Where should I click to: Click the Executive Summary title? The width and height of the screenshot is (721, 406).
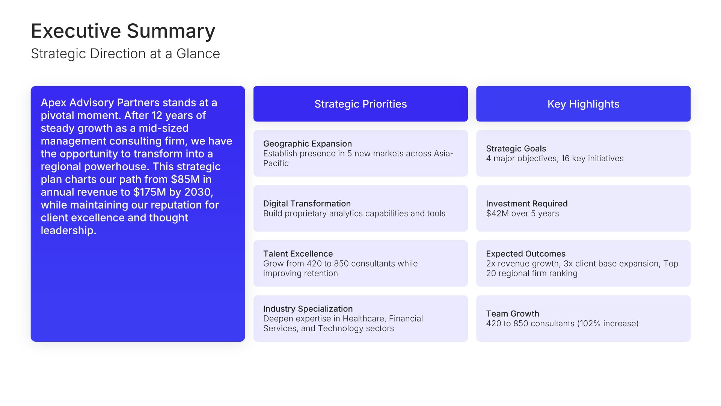[123, 31]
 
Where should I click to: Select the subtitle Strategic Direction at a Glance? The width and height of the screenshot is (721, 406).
[125, 54]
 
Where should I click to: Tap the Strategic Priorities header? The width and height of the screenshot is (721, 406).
[360, 104]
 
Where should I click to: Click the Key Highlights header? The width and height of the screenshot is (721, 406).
[583, 104]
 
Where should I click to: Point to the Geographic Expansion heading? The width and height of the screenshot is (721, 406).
[308, 144]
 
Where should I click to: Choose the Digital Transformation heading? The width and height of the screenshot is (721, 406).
[307, 203]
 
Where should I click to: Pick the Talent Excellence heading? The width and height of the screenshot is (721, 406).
[298, 254]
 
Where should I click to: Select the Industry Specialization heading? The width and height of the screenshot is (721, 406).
[308, 309]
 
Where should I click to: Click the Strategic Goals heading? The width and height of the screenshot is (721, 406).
[516, 148]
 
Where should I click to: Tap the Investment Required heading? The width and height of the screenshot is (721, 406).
[526, 203]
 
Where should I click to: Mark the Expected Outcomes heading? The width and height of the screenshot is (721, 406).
[526, 254]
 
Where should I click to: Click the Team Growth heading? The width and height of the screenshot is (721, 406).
[513, 314]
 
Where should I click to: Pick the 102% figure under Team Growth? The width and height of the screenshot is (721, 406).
[590, 324]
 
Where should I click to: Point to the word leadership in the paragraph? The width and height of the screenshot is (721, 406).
[68, 230]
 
